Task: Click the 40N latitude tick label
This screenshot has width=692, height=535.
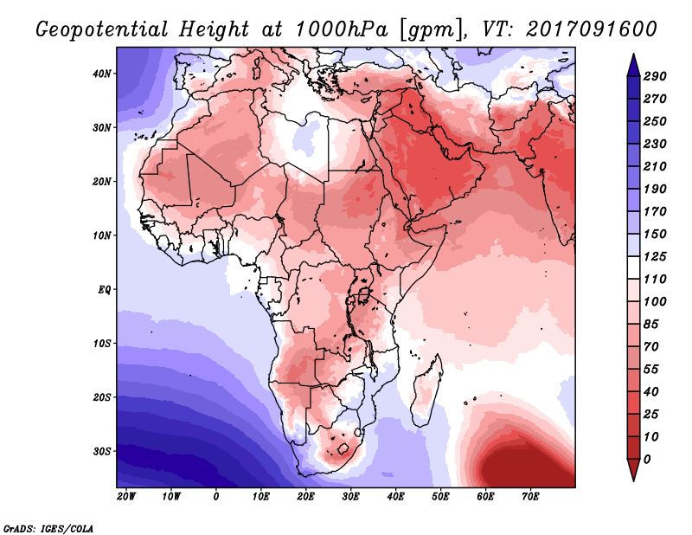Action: pyautogui.click(x=102, y=74)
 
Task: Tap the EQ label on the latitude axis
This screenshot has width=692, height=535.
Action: pyautogui.click(x=105, y=289)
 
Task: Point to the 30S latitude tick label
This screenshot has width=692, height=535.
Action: pyautogui.click(x=102, y=451)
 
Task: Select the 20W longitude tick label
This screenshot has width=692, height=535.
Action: pyautogui.click(x=125, y=497)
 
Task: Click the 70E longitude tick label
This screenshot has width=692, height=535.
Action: pyautogui.click(x=530, y=497)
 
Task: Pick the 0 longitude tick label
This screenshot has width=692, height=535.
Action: pyautogui.click(x=216, y=497)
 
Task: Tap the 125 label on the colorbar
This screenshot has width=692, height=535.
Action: pyautogui.click(x=655, y=258)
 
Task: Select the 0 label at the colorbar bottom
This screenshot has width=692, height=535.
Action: pyautogui.click(x=648, y=458)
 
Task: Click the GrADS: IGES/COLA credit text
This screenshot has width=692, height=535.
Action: pyautogui.click(x=48, y=527)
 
